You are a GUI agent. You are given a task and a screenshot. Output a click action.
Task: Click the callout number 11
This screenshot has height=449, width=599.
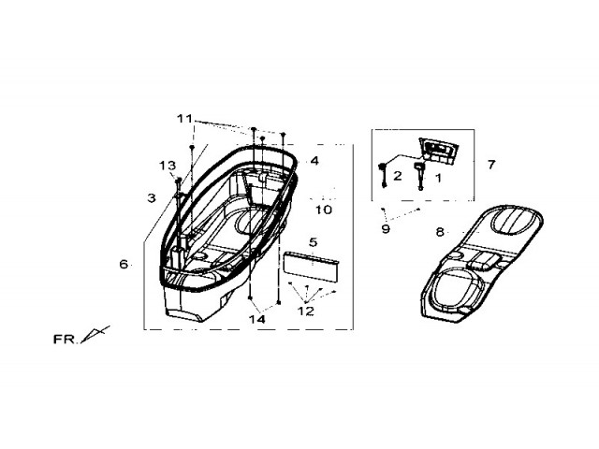[x=185, y=119]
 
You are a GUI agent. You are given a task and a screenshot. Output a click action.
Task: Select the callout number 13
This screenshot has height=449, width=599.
[x=168, y=166]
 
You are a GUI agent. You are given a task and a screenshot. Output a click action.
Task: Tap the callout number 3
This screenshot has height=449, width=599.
[x=152, y=197]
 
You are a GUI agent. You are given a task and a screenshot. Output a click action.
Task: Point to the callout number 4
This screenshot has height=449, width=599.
[x=314, y=161]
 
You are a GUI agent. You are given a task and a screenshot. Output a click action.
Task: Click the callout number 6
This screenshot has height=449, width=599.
[x=124, y=264]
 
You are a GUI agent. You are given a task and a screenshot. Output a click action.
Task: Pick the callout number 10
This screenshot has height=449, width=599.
[x=324, y=210]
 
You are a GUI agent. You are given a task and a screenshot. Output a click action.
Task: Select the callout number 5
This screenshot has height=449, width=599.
[x=314, y=242]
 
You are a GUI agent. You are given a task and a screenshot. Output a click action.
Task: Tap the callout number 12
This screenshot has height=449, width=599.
[x=306, y=311]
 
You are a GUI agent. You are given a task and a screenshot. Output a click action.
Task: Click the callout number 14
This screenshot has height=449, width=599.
[x=257, y=319]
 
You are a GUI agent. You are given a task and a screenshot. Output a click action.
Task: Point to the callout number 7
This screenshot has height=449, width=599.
[x=491, y=165]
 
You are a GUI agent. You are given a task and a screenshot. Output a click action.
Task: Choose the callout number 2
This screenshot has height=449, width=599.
[x=398, y=176]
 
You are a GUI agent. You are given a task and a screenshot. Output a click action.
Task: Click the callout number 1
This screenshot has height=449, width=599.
[x=438, y=178]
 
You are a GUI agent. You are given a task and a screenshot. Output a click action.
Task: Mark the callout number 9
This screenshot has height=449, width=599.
[x=386, y=229]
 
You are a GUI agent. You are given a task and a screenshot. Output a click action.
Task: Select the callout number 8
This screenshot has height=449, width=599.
[x=440, y=232]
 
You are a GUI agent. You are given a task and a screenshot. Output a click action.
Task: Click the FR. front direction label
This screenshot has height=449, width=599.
[x=65, y=340]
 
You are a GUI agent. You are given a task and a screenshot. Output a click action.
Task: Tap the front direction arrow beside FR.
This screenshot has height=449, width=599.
[x=95, y=335]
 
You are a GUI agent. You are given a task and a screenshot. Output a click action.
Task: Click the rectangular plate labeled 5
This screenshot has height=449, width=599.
[x=311, y=267]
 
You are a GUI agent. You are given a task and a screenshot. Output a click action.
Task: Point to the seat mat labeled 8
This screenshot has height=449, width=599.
[x=481, y=264]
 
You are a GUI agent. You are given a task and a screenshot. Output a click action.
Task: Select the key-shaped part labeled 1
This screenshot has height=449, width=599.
[x=419, y=175]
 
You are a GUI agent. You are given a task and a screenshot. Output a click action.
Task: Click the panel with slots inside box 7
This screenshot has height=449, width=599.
[x=439, y=151]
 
